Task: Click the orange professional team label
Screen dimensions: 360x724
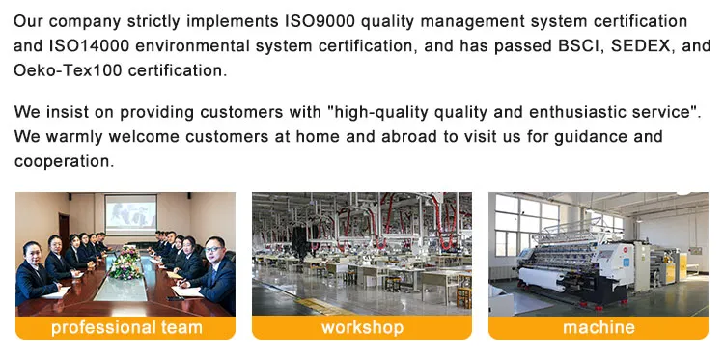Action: coord(126,327)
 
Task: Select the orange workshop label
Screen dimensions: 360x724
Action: coord(362,327)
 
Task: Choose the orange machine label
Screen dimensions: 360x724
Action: coord(599,327)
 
